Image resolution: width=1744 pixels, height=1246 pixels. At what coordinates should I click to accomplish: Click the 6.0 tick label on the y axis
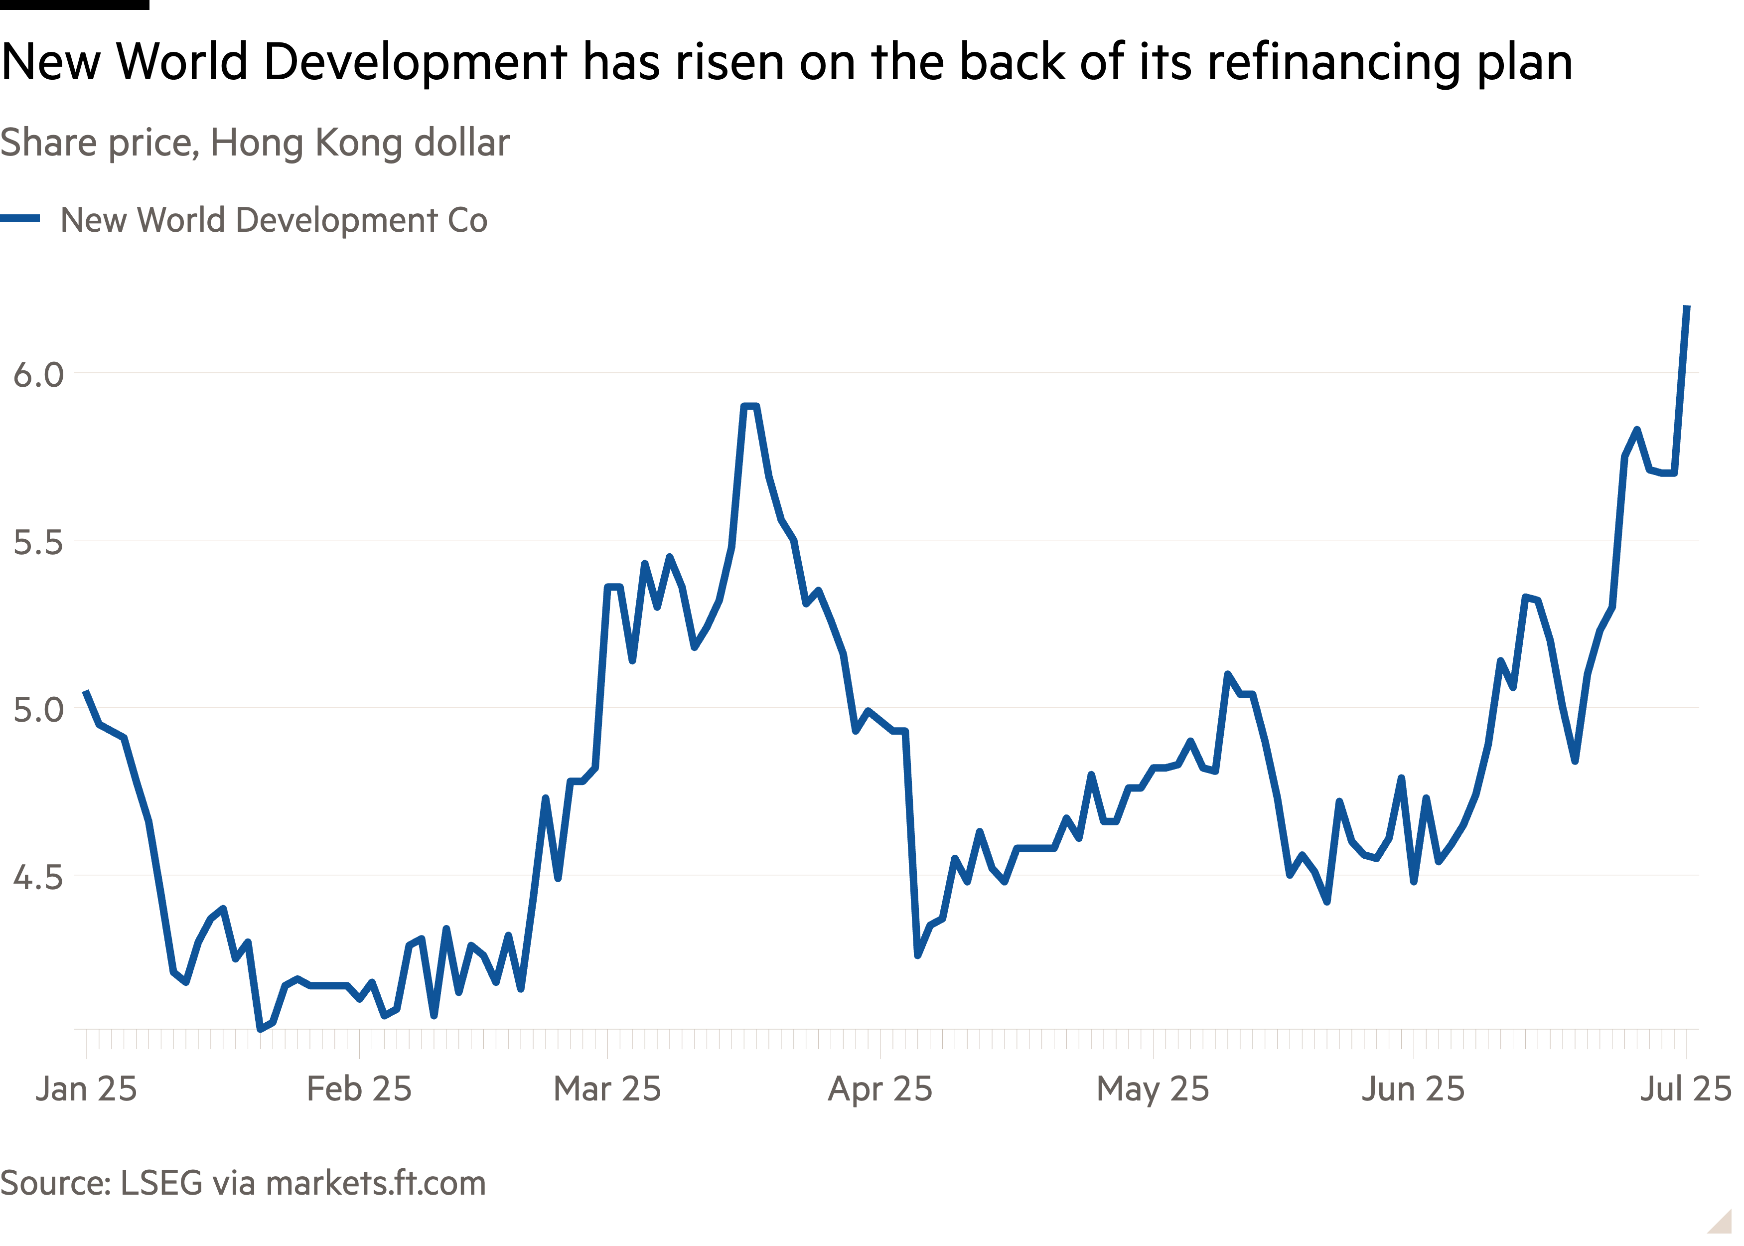[x=38, y=375]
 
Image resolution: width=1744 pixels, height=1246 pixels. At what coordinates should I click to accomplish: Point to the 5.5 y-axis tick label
[x=38, y=542]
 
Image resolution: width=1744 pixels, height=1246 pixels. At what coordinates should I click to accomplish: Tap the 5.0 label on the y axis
[x=38, y=710]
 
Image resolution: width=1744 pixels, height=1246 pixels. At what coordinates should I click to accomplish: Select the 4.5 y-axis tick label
[x=38, y=877]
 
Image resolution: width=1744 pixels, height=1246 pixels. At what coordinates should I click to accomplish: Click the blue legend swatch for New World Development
[x=20, y=219]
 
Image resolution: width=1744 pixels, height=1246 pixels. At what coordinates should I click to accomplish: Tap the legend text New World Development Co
[x=274, y=220]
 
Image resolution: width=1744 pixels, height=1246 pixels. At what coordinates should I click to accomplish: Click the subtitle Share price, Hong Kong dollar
[x=255, y=143]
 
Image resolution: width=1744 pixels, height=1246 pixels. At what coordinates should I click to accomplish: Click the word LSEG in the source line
[x=161, y=1183]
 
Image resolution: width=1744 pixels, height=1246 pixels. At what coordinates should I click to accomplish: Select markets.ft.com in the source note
[x=376, y=1183]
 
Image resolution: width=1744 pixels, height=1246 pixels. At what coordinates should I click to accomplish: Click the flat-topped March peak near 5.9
[x=750, y=406]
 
